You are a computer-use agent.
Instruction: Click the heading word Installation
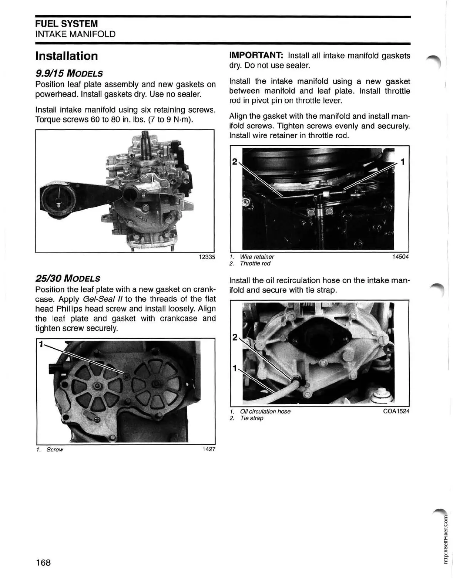click(x=67, y=56)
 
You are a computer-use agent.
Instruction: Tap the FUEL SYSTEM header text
click(x=67, y=24)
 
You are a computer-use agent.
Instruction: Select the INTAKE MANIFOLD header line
click(x=75, y=34)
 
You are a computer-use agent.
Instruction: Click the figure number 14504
click(x=400, y=257)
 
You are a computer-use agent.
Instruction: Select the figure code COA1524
click(x=396, y=411)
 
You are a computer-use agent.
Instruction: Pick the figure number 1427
click(x=209, y=449)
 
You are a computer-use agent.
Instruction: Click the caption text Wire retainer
click(x=257, y=257)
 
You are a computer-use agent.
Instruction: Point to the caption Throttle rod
click(x=255, y=264)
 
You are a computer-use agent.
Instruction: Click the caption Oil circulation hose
click(x=265, y=411)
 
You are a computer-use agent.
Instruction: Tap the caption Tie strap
click(x=252, y=418)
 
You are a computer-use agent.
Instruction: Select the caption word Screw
click(x=55, y=450)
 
